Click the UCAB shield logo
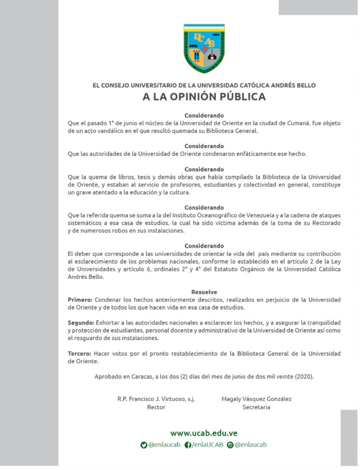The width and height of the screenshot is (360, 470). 204,48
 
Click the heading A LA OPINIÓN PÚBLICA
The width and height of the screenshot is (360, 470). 204,97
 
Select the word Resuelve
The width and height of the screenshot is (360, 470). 204,292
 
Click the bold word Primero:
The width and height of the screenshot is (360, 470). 80,299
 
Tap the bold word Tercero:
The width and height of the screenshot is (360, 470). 80,354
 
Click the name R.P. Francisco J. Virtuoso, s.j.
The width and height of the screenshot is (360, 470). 156,399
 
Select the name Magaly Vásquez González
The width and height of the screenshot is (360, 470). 256,399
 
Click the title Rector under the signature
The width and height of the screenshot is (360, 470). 156,407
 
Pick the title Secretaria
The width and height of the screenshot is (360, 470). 256,407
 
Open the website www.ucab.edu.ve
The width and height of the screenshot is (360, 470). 204,433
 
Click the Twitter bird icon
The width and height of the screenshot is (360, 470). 144,445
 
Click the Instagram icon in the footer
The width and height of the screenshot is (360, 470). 230,445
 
